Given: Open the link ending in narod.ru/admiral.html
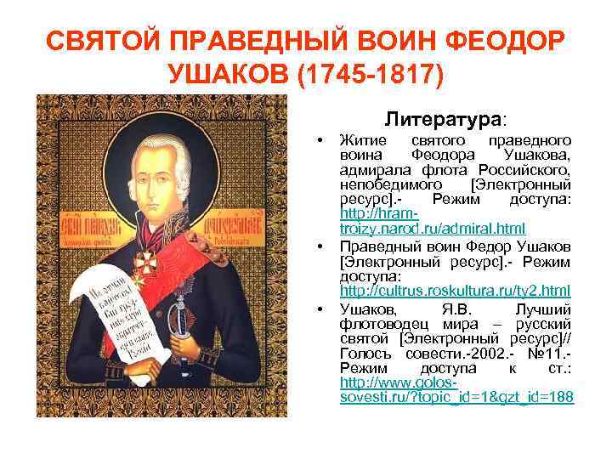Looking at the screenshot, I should coord(432,229).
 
